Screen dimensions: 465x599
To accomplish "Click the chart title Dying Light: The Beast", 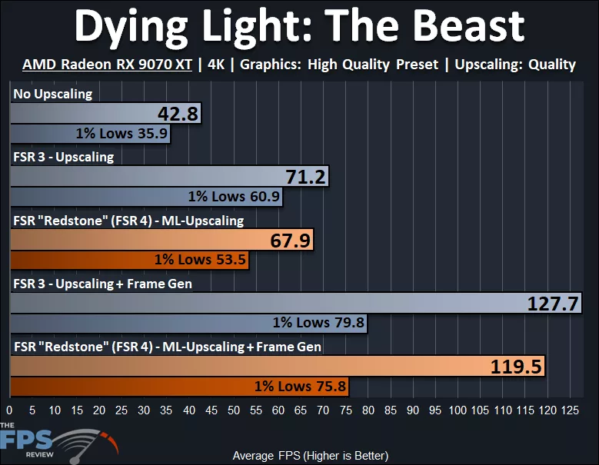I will tap(299, 28).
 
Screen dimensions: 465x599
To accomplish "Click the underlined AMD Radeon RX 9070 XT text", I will tap(107, 65).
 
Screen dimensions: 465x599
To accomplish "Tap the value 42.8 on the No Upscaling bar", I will tap(178, 115).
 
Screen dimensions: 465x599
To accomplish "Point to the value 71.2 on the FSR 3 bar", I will tap(306, 178).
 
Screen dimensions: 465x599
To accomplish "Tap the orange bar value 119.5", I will tap(517, 367).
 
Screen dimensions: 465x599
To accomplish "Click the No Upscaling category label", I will tap(52, 95).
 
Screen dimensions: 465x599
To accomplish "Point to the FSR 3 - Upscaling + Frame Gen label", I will tap(102, 284).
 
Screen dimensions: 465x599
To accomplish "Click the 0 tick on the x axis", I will tap(9, 410).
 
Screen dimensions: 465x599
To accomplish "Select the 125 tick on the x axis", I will tap(570, 410).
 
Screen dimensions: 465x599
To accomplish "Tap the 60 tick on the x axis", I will tap(278, 410).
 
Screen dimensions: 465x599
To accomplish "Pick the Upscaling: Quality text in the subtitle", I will tap(514, 65).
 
